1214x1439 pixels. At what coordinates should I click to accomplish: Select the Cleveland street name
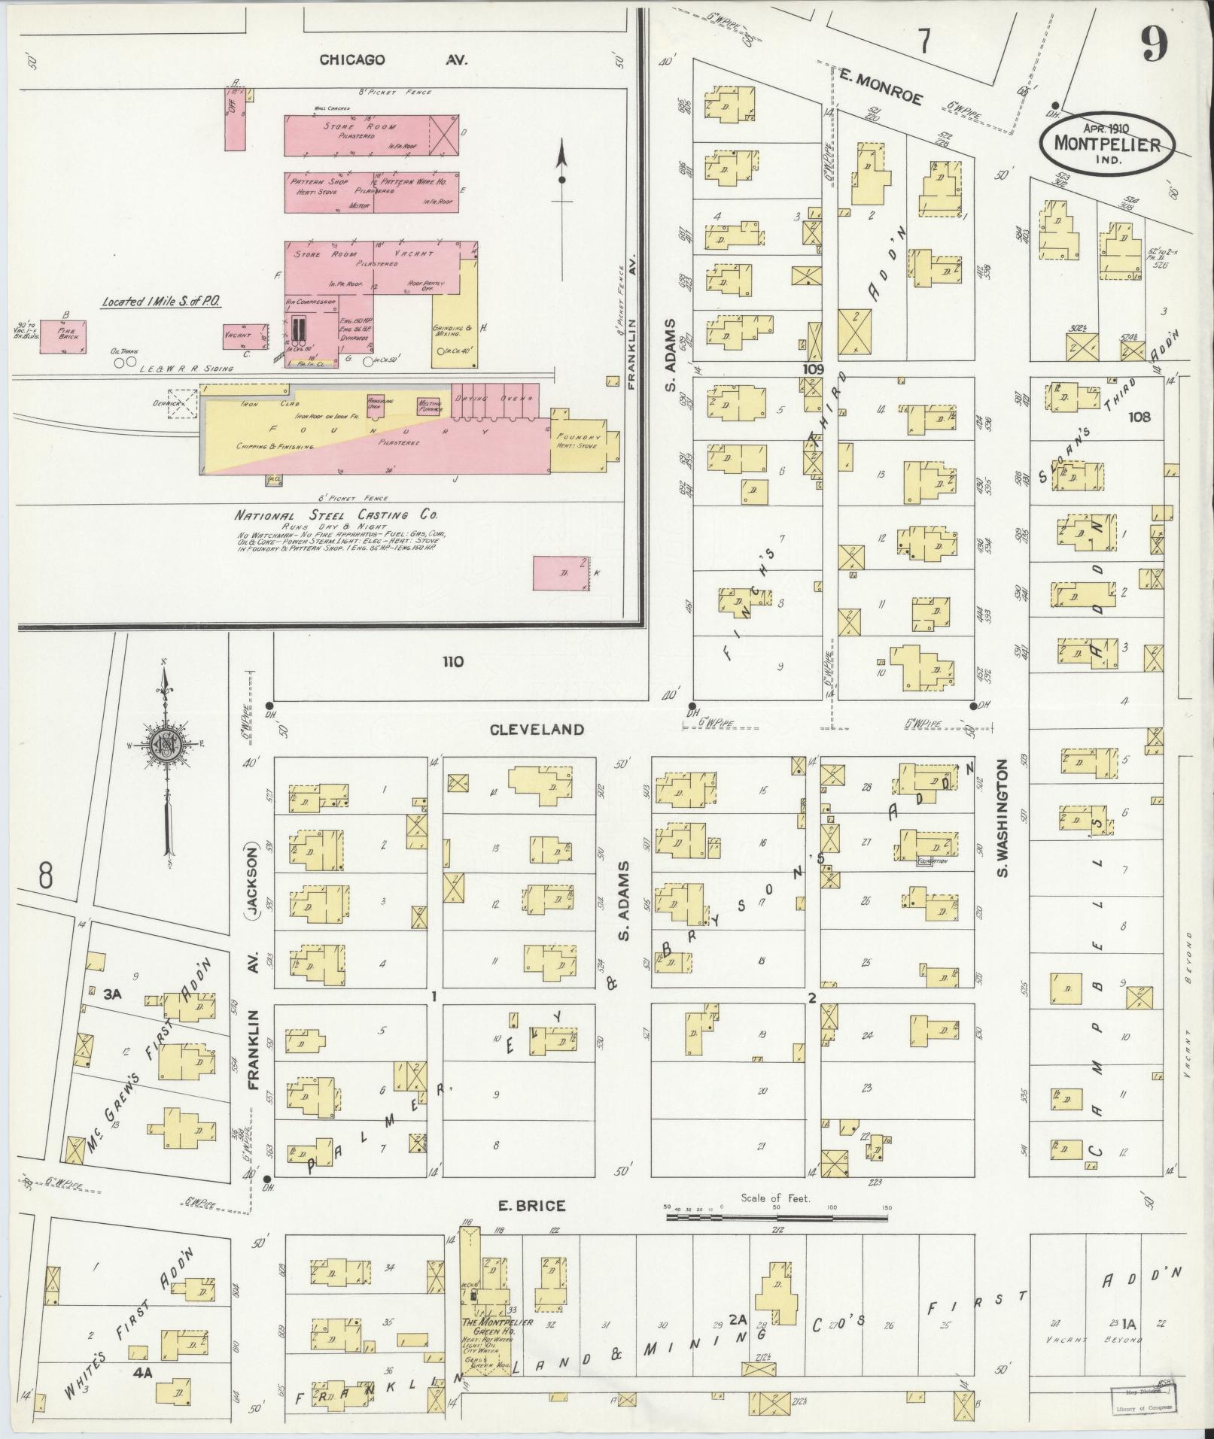[x=537, y=729]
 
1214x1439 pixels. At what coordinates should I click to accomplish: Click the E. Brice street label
[x=531, y=1206]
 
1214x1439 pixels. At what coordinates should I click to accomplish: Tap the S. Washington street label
[x=1003, y=818]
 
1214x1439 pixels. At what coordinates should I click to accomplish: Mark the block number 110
[x=453, y=662]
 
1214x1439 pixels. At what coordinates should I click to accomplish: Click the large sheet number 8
[x=46, y=877]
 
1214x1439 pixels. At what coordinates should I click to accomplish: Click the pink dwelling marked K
[x=561, y=573]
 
